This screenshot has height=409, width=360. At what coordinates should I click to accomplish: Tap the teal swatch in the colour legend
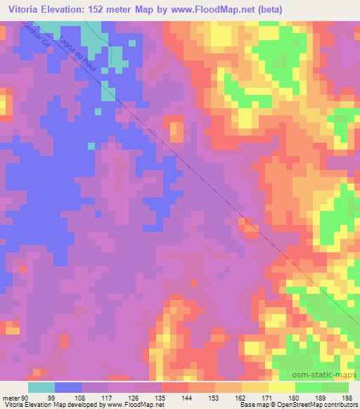pyautogui.click(x=41, y=387)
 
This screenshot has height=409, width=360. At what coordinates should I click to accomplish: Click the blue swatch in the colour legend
pyautogui.click(x=68, y=387)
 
